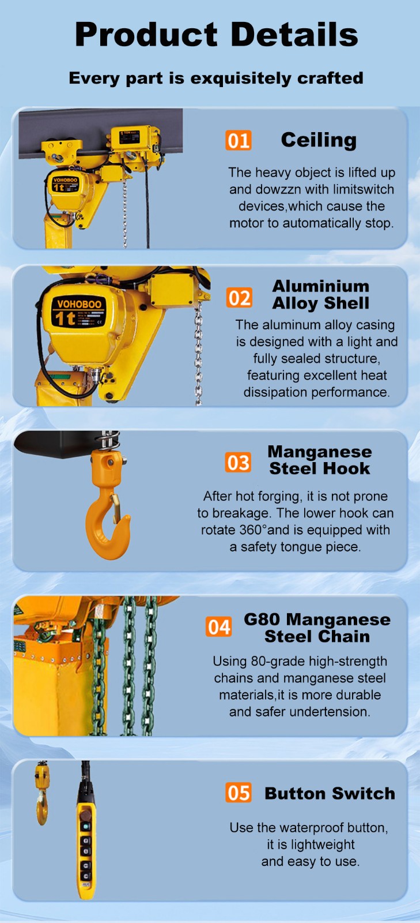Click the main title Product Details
pos(216,34)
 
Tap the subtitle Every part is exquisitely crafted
pos(216,78)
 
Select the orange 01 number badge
pos(238,140)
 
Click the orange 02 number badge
pos(239,298)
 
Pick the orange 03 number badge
pos(238,463)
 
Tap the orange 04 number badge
pos(218,627)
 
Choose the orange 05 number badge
pos(238,793)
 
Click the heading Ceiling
pos(319,140)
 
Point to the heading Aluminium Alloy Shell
pos(320,294)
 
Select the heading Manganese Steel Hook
pos(319,460)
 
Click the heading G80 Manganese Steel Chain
pos(317,628)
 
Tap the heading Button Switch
pos(330,793)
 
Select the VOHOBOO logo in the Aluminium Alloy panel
pos(79,303)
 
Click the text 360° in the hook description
pos(252,530)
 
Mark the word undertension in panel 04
pos(334,711)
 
